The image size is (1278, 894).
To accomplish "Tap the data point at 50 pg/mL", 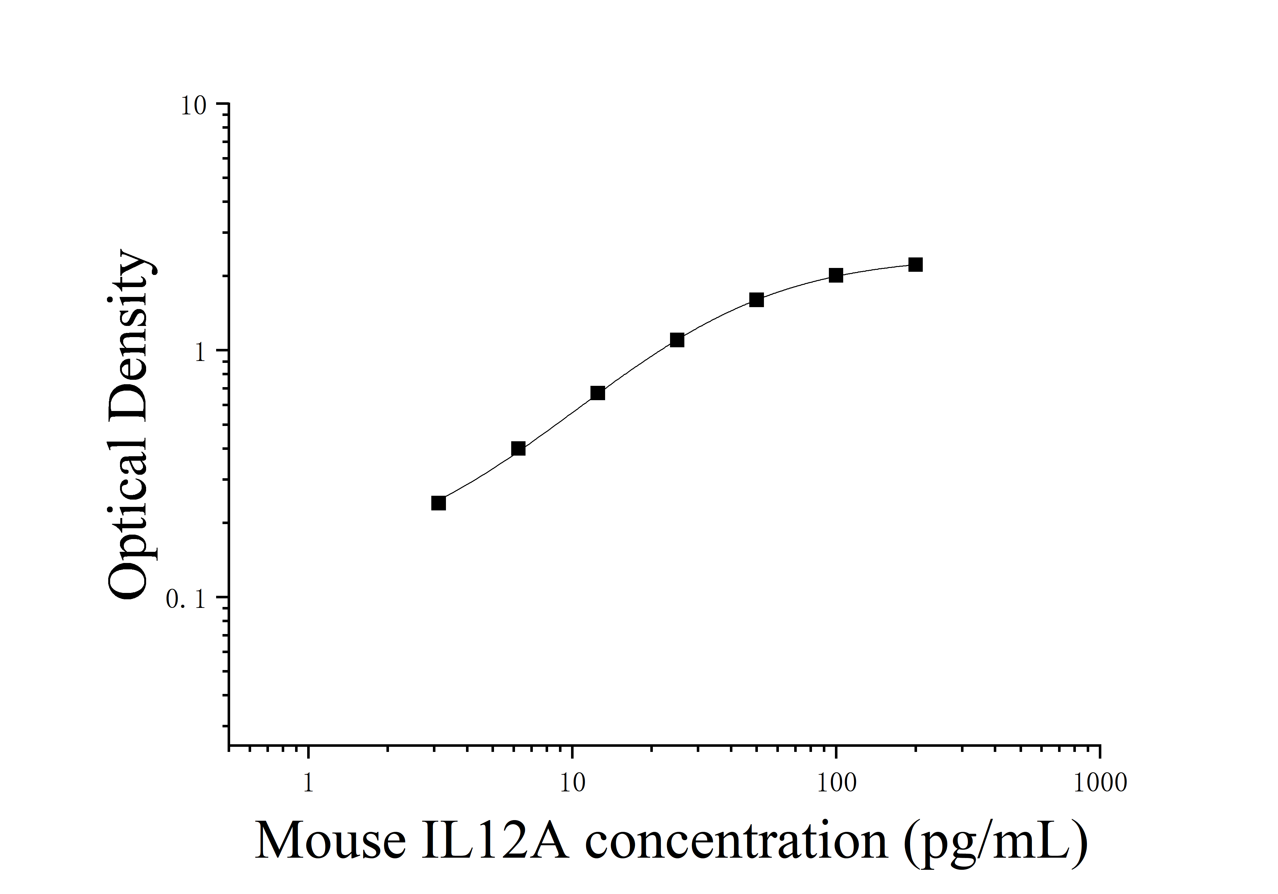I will coord(756,300).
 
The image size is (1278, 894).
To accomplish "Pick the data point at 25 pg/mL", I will coord(677,340).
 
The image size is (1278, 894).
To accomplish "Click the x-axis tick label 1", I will coord(308,783).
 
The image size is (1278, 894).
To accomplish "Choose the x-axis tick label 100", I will coord(836,783).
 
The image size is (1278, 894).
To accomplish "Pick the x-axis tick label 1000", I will coord(1100,783).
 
